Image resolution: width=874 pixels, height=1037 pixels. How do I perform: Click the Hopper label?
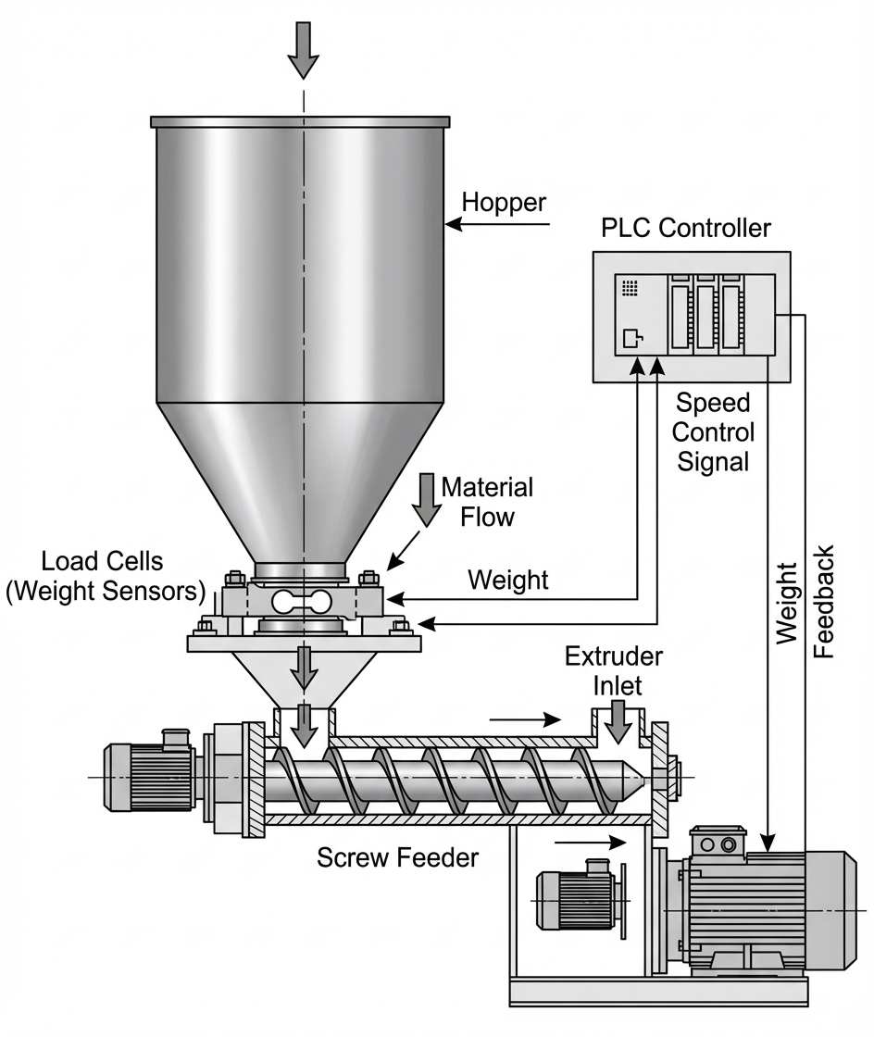(x=504, y=202)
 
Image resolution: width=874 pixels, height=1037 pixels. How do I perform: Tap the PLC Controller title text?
(x=686, y=227)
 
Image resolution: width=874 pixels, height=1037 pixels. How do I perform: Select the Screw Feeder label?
(x=397, y=857)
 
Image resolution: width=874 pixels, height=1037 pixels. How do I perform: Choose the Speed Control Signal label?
(x=713, y=431)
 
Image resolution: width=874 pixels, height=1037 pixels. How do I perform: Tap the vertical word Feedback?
(x=823, y=602)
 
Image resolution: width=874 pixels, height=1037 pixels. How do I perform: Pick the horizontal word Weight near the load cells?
(x=507, y=581)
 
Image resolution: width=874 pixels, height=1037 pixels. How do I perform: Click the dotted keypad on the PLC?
(x=631, y=288)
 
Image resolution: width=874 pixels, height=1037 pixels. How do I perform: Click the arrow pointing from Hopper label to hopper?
(x=497, y=224)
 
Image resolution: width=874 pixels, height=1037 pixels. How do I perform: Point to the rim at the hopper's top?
(x=301, y=121)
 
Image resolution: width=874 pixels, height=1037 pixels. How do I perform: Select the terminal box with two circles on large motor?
(x=720, y=845)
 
